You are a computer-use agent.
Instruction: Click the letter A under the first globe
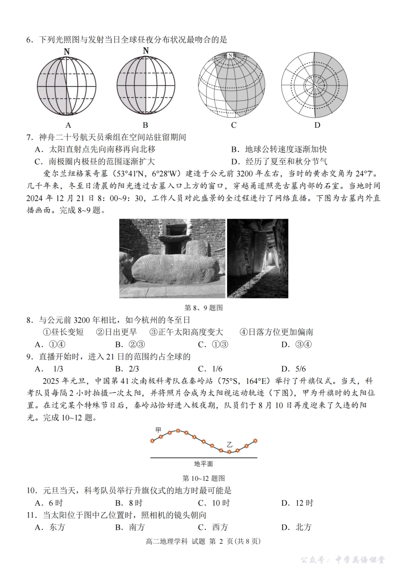pyautogui.click(x=68, y=125)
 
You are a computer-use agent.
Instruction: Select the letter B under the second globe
pyautogui.click(x=146, y=125)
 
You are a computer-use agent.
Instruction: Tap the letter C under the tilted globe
pyautogui.click(x=234, y=125)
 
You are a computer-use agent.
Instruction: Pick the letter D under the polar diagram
pyautogui.click(x=317, y=125)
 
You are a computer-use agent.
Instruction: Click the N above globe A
pyautogui.click(x=67, y=51)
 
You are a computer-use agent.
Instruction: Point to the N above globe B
pyautogui.click(x=146, y=51)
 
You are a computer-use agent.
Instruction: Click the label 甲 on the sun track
pyautogui.click(x=158, y=430)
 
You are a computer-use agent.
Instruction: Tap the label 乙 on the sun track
pyautogui.click(x=229, y=444)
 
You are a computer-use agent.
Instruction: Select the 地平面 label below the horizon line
pyautogui.click(x=204, y=464)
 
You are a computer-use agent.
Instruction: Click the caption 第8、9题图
pyautogui.click(x=204, y=308)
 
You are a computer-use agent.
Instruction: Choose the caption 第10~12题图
pyautogui.click(x=204, y=478)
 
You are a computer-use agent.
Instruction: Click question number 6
pyautogui.click(x=29, y=40)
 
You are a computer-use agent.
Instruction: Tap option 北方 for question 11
pyautogui.click(x=303, y=527)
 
